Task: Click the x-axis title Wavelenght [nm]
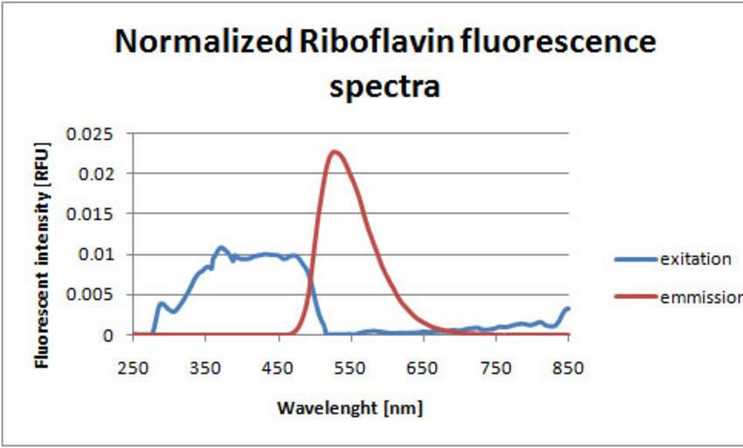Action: coord(351,408)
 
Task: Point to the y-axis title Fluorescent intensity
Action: coord(40,249)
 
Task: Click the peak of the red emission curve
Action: coord(335,151)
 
